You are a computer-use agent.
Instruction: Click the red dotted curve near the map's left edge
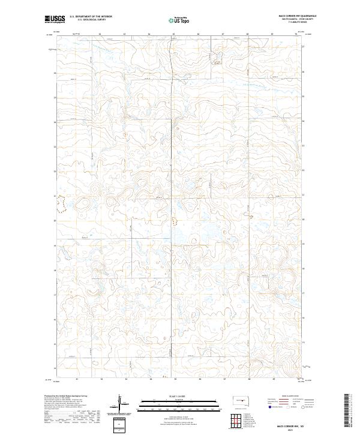(x=59, y=206)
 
